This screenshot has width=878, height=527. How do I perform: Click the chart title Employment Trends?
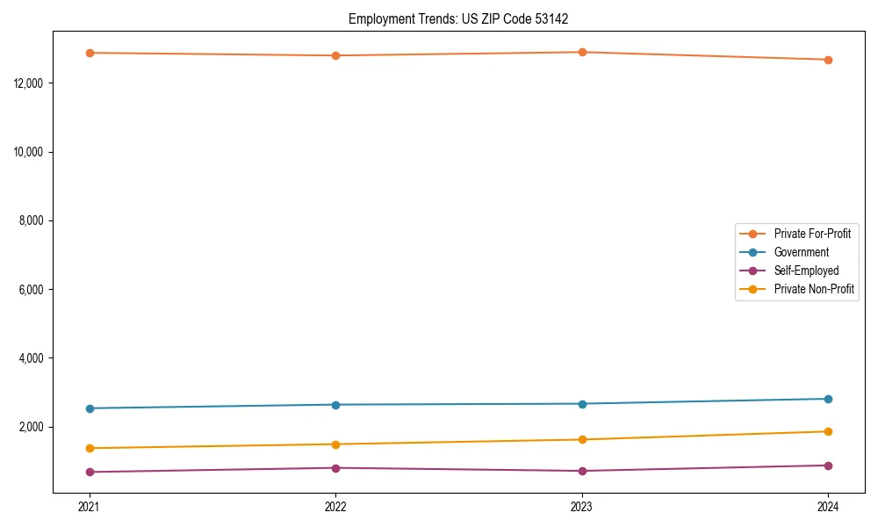click(x=464, y=18)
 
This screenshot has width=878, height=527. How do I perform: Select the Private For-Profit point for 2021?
click(x=90, y=53)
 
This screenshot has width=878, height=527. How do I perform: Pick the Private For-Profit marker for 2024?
click(x=828, y=60)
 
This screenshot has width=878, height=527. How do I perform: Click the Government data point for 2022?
click(x=335, y=405)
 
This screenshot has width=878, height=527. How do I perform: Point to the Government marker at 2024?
click(x=828, y=399)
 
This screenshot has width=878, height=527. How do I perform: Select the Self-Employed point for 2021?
click(x=90, y=473)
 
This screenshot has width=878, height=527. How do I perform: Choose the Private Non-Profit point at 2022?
click(x=335, y=444)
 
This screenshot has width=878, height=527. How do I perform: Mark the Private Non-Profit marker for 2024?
click(x=828, y=431)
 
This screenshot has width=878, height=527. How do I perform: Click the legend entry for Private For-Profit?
click(x=812, y=234)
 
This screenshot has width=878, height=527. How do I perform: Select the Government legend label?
click(x=801, y=252)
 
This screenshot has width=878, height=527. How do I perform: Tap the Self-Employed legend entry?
click(x=806, y=271)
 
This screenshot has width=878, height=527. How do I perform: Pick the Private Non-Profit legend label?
click(x=814, y=289)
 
